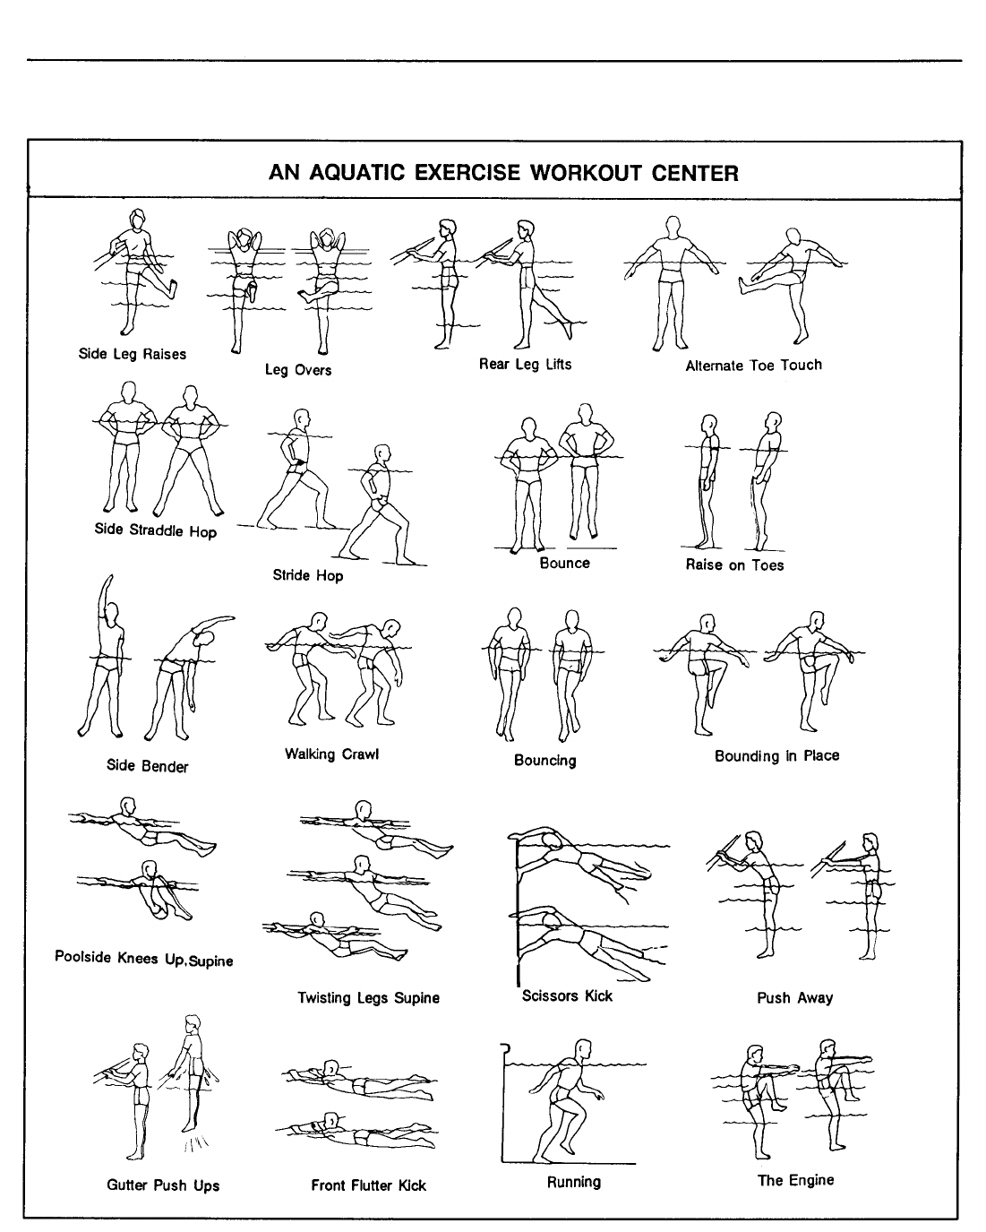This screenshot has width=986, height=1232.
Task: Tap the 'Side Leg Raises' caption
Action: click(x=133, y=354)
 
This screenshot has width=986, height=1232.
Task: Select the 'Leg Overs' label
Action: click(x=298, y=369)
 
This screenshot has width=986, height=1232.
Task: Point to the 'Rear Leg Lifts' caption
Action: click(x=525, y=364)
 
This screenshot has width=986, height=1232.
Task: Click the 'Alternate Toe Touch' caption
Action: click(x=753, y=365)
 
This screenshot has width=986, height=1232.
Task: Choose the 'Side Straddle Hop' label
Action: click(x=156, y=530)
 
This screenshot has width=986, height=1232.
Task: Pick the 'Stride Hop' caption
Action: click(x=308, y=575)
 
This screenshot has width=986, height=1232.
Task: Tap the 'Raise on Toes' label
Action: click(x=734, y=564)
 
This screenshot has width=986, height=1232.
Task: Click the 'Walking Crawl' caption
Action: click(x=331, y=754)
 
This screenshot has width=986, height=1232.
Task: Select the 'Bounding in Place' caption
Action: click(x=776, y=755)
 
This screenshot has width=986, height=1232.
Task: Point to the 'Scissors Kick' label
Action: click(x=567, y=995)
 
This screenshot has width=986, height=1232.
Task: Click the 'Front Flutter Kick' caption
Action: click(x=368, y=1185)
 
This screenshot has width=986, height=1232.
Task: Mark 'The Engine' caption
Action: click(x=795, y=1180)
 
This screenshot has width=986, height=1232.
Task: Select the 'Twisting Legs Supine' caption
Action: click(x=368, y=997)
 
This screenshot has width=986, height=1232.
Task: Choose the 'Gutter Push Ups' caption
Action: click(x=163, y=1185)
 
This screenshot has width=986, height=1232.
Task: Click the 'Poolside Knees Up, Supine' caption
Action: click(x=143, y=958)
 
